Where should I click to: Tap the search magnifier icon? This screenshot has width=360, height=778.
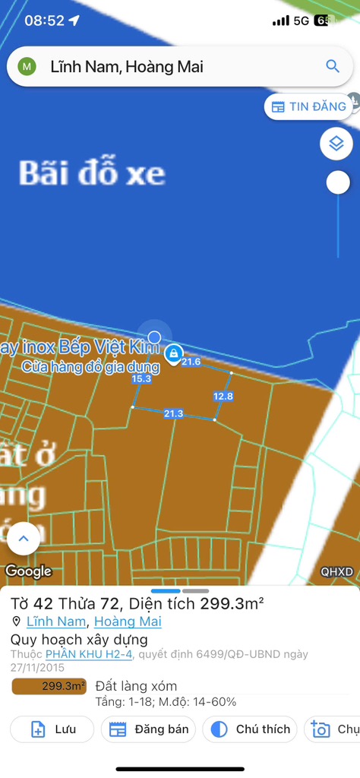(x=332, y=67)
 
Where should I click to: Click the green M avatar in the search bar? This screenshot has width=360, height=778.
(x=27, y=67)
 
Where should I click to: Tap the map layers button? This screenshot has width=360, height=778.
(x=336, y=143)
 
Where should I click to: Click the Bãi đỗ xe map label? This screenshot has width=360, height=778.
(x=92, y=174)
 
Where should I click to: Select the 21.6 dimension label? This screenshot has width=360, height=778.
(x=191, y=362)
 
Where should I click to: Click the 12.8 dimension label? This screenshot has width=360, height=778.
(x=223, y=396)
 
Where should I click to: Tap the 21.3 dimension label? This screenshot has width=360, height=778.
(x=174, y=413)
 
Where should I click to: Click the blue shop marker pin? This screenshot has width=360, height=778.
(x=174, y=353)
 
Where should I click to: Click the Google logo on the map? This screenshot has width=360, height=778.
(x=29, y=571)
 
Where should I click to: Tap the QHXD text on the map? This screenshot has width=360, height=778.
(x=336, y=571)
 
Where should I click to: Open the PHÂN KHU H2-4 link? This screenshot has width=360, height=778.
(x=89, y=654)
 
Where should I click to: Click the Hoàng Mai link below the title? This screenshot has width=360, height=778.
(x=128, y=621)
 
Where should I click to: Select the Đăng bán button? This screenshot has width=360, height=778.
(x=149, y=729)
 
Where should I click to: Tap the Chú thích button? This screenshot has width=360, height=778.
(x=251, y=729)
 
